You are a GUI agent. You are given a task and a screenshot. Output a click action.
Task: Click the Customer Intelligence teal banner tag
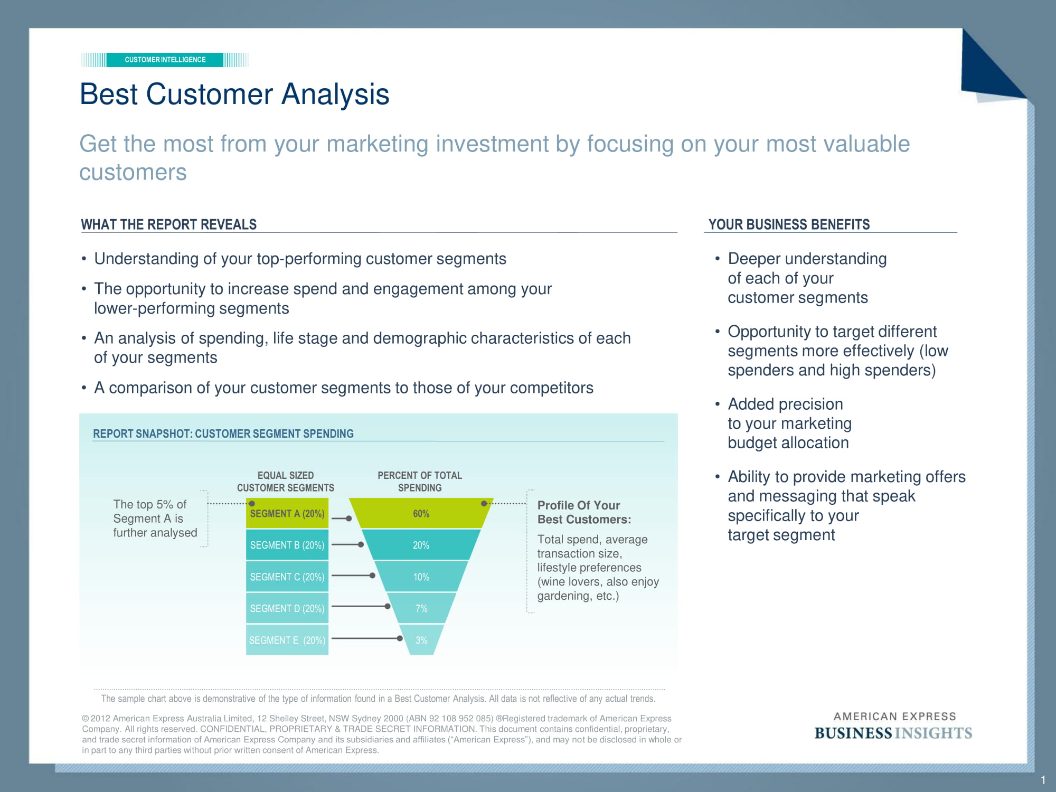coord(165,60)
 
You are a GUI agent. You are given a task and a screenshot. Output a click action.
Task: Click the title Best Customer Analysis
coord(234,95)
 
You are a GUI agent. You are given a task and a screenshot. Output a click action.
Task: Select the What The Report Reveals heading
coord(168,224)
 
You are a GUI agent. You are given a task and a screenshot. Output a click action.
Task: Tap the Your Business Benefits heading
coord(789,224)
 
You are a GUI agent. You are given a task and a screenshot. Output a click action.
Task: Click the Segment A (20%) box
coord(287,513)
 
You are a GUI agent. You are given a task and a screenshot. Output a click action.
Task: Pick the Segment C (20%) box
coord(287,577)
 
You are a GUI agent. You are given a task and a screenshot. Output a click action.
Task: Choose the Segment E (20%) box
coord(287,640)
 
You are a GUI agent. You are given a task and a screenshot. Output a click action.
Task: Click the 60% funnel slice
coord(421,513)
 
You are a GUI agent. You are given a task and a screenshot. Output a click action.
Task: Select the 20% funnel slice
coord(421,545)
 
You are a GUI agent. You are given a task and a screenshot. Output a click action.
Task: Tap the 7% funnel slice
coord(421,608)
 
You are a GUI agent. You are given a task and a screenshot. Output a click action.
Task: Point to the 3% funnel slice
coord(421,640)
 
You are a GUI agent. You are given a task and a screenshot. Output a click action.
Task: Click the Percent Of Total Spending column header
coord(420,482)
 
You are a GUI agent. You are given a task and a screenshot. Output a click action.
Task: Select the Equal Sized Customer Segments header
coord(286,482)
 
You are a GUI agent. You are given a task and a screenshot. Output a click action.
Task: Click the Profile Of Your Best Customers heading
coord(584,512)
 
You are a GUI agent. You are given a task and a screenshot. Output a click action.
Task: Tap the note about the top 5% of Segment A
coord(155,518)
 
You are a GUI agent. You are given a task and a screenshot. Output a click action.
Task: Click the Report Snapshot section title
coord(223,433)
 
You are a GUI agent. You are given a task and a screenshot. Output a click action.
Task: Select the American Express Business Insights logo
coord(893,726)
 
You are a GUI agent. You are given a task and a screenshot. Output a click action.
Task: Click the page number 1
coord(1043,780)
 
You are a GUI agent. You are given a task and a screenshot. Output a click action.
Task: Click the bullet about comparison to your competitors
coord(343,388)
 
